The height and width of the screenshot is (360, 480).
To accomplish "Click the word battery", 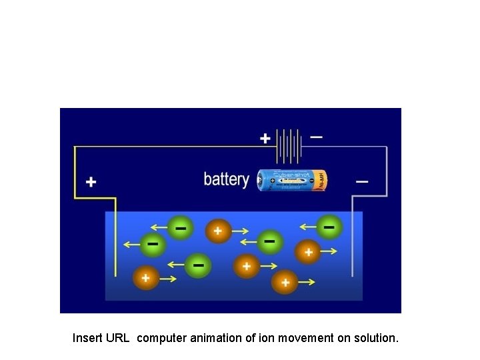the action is click(x=226, y=179).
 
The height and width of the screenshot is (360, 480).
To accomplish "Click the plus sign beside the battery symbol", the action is click(x=265, y=139).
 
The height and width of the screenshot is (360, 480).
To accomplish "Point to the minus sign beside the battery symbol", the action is click(x=317, y=137).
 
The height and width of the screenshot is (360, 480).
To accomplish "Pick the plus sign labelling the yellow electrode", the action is click(x=91, y=181).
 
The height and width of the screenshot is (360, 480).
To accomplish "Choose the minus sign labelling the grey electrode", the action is click(x=362, y=181).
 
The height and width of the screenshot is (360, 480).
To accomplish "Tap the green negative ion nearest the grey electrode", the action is click(x=329, y=227).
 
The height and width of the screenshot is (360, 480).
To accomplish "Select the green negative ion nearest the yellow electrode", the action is click(x=153, y=244).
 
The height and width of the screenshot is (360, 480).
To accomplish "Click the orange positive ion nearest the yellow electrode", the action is click(x=146, y=277).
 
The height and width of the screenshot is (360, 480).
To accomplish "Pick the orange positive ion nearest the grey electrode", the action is click(x=308, y=252).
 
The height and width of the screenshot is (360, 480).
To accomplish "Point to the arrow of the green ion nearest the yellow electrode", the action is click(x=131, y=245).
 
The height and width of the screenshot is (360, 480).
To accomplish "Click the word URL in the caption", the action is click(x=117, y=338).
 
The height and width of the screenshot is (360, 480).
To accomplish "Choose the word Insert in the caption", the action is click(x=87, y=338).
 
